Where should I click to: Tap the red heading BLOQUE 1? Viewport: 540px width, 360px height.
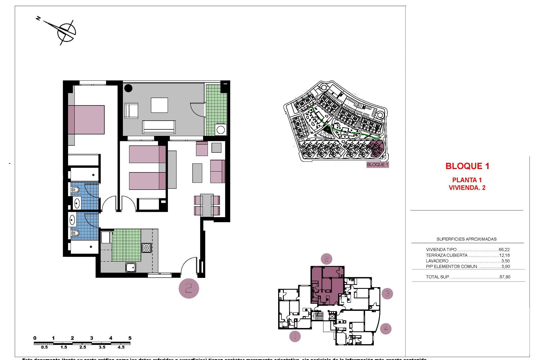click(x=467, y=166)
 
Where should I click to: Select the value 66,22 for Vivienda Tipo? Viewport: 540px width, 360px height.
click(x=504, y=249)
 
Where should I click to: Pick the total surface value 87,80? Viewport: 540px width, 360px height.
click(x=505, y=277)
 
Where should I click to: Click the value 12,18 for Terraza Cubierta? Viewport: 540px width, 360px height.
click(x=504, y=255)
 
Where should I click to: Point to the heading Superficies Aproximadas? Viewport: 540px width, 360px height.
click(x=466, y=239)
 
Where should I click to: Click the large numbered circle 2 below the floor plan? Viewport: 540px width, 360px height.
click(x=189, y=288)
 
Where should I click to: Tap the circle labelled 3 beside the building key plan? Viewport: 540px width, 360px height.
click(x=387, y=294)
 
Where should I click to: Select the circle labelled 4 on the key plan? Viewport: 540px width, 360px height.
click(x=386, y=328)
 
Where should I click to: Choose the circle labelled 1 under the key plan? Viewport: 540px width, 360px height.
click(x=295, y=336)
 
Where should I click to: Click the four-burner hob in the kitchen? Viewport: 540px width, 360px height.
click(x=146, y=248)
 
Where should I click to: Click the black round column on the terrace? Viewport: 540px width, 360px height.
click(x=128, y=88)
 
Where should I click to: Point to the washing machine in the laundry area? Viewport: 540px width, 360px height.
click(x=220, y=130)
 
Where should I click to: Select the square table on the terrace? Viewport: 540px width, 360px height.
click(x=159, y=105)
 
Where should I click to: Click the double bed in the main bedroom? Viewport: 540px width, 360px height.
click(x=86, y=120)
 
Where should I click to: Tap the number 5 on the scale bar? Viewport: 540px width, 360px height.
click(x=130, y=338)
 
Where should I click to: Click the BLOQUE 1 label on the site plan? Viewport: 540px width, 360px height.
click(x=377, y=165)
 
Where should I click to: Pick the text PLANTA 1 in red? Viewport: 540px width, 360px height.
click(x=467, y=180)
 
